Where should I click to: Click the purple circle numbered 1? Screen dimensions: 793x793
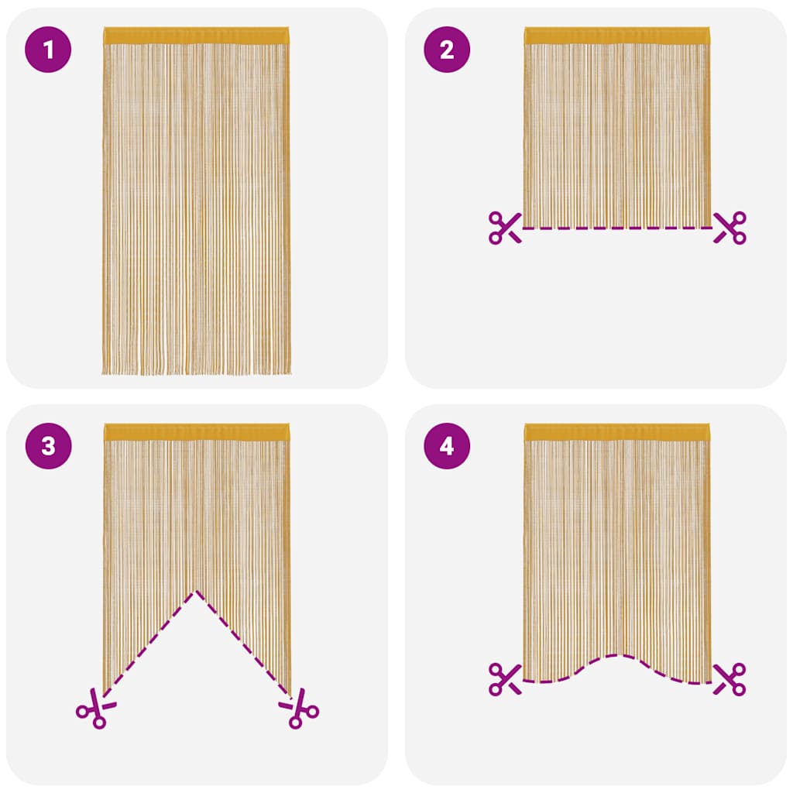[x=49, y=50]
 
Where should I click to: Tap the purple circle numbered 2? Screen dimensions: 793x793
[x=447, y=50]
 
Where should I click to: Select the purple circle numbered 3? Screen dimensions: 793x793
[x=49, y=446]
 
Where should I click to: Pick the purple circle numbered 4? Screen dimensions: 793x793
[x=447, y=446]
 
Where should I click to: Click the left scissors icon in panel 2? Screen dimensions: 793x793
[x=505, y=227]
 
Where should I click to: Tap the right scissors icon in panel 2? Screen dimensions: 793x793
[x=729, y=227]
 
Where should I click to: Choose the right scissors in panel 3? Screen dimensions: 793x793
[x=300, y=708]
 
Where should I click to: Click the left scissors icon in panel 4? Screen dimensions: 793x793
[x=505, y=678]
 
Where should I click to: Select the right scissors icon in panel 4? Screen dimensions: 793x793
[x=729, y=678]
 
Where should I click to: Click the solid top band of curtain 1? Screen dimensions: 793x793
[x=196, y=36]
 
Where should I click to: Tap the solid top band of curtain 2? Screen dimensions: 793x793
[x=616, y=36]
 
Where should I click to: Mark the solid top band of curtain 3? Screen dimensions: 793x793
[x=196, y=431]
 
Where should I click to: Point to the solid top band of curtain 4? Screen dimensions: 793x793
[x=616, y=431]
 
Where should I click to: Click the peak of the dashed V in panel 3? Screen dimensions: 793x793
[x=196, y=591]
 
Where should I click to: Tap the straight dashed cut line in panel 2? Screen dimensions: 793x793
[x=616, y=228]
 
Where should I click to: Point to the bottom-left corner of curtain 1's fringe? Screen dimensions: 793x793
[x=104, y=372]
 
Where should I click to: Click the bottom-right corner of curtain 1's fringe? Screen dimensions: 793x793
[x=290, y=372]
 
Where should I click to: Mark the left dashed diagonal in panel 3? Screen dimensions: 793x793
[x=149, y=642]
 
